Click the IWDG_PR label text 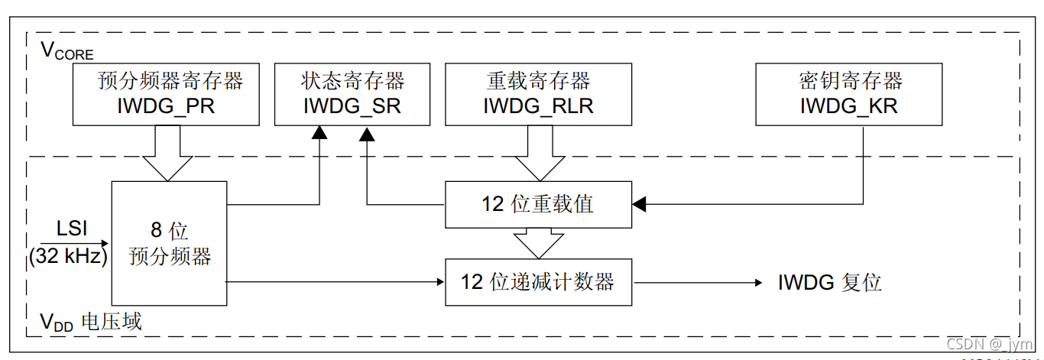166,107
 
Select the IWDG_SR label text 352,107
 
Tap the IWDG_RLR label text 538,107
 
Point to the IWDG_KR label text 849,107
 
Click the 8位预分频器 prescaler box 169,243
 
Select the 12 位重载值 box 538,205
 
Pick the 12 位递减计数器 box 538,282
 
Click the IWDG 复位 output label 830,283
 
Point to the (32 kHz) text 68,257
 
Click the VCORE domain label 66,51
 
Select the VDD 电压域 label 91,323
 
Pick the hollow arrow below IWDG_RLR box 537,152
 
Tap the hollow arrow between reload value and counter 537,243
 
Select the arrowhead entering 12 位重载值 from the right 639,205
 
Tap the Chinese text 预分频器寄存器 170,81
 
